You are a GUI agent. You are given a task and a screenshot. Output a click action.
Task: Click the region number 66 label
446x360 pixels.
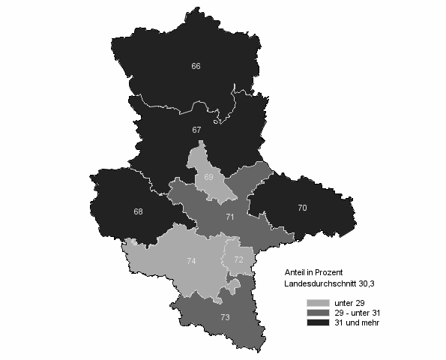coord(196,67)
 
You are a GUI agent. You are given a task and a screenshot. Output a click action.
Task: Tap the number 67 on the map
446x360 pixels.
coord(196,130)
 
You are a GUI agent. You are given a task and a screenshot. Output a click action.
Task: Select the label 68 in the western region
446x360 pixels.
coord(139,212)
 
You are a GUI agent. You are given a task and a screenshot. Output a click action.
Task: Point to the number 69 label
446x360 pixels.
coord(209,177)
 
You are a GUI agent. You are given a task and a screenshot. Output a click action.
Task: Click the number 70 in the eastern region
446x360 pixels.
coord(302,208)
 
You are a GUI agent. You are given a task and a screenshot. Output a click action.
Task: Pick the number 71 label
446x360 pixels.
coord(229,216)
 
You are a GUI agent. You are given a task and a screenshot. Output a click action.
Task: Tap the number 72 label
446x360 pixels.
coord(238,259)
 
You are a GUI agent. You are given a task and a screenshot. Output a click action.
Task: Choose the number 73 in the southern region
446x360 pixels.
coord(225,318)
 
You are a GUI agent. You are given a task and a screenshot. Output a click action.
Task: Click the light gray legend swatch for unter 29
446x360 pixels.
coord(318,303)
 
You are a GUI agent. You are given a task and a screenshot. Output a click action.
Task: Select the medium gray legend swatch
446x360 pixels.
coord(318,312)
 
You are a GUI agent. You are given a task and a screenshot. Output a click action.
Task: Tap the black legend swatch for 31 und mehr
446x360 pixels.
coord(318,322)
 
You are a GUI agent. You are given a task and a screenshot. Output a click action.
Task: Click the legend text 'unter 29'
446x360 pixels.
coord(349,303)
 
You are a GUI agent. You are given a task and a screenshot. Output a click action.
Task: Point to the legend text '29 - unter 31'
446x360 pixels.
coord(357,313)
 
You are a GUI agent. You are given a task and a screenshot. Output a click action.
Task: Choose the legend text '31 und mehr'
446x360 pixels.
coord(355,322)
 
